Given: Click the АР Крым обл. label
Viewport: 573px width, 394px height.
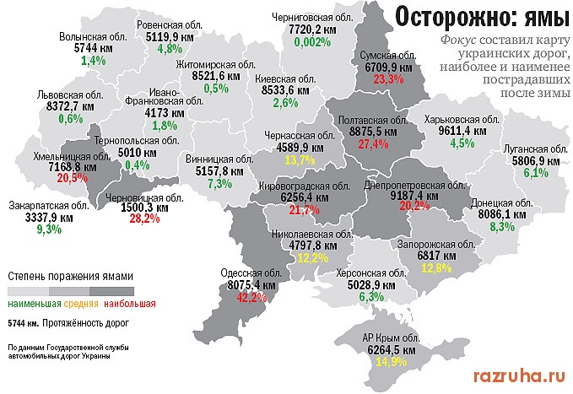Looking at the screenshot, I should click(x=391, y=340).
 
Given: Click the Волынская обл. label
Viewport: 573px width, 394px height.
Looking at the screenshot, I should click(x=94, y=37).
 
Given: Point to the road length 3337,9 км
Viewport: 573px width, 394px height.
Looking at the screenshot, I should click(x=49, y=217).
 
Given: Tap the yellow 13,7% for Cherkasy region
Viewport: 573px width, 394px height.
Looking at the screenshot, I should click(x=300, y=159).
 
